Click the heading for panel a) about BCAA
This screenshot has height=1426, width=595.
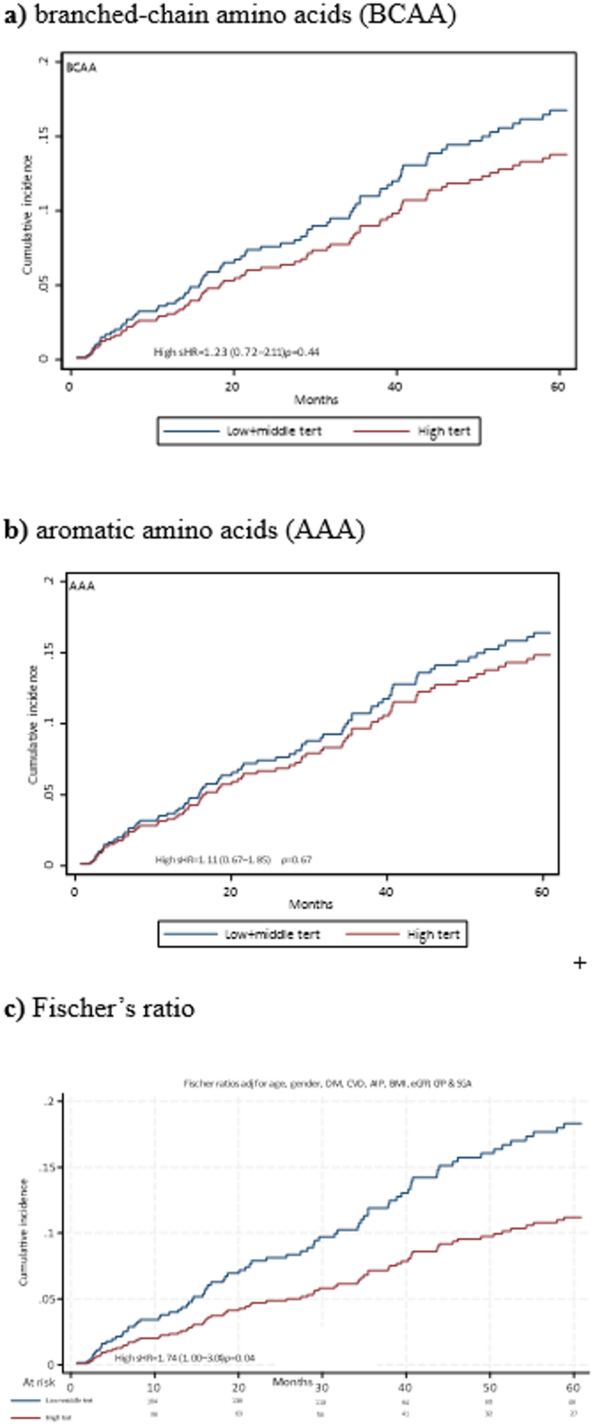pyautogui.click(x=230, y=17)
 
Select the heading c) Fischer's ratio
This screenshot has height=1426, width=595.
pyautogui.click(x=100, y=1009)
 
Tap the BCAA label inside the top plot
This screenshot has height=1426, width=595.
pyautogui.click(x=82, y=68)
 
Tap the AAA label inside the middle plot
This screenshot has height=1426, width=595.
pyautogui.click(x=82, y=586)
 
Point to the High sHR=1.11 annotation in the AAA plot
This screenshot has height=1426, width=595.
pyautogui.click(x=233, y=859)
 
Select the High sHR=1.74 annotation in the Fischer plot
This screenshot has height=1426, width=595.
pyautogui.click(x=185, y=1357)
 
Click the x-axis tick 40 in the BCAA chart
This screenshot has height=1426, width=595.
pyautogui.click(x=395, y=386)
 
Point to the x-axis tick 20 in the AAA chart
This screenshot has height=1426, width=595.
pyautogui.click(x=230, y=892)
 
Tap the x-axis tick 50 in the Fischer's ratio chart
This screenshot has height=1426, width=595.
pyautogui.click(x=490, y=1387)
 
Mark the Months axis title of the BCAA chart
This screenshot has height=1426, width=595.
pyautogui.click(x=316, y=400)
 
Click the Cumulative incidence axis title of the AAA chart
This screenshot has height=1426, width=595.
pyautogui.click(x=33, y=725)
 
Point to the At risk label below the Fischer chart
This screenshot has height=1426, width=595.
pyautogui.click(x=37, y=1381)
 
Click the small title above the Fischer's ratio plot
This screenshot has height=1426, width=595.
pyautogui.click(x=327, y=1084)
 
